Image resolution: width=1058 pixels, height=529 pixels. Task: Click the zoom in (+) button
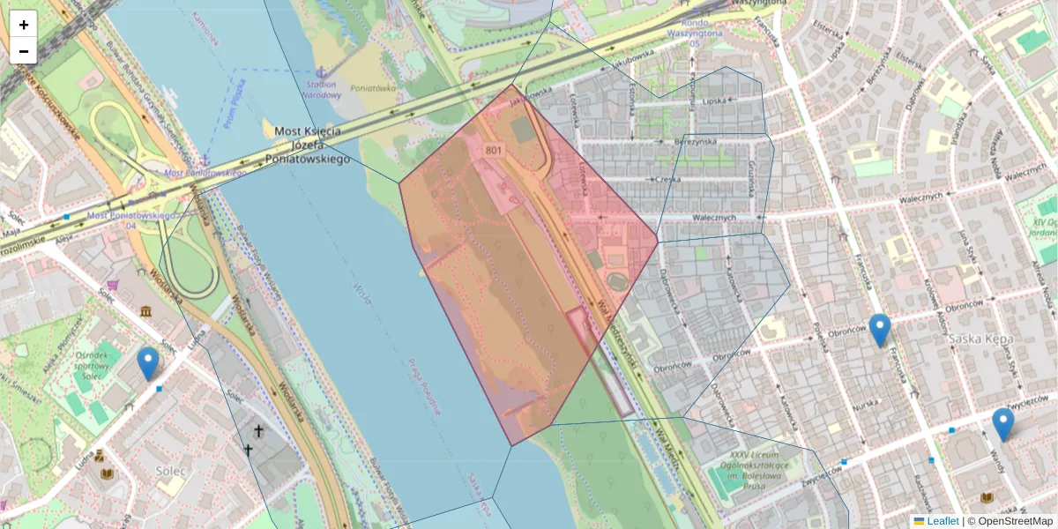click(x=24, y=25)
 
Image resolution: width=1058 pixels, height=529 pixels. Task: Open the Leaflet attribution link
click(x=942, y=521)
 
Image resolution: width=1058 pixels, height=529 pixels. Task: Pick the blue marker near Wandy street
click(x=1002, y=424)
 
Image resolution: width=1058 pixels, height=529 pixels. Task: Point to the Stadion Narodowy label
click(x=322, y=90)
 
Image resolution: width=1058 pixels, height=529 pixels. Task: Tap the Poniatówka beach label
click(x=372, y=88)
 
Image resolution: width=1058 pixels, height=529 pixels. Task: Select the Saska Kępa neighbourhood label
click(x=980, y=339)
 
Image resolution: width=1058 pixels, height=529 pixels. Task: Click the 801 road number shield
click(x=494, y=152)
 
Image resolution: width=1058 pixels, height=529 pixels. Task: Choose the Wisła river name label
click(x=361, y=290)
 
